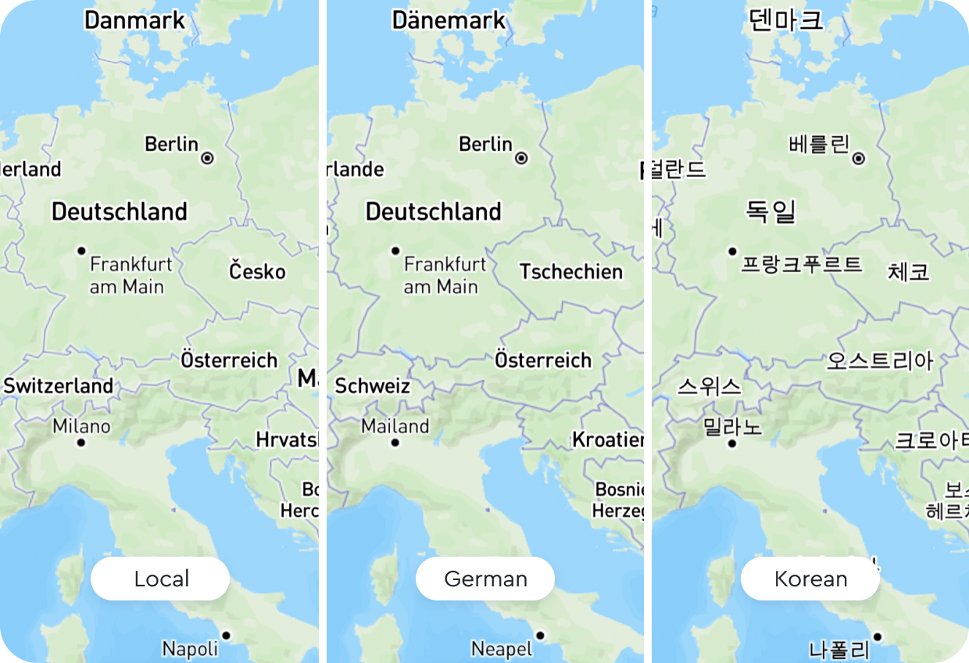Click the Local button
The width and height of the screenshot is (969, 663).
click(x=160, y=579)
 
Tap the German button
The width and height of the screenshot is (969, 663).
click(x=485, y=579)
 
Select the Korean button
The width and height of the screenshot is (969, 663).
click(x=810, y=579)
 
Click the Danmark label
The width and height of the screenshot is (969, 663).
click(x=135, y=20)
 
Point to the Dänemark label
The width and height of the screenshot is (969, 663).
click(x=449, y=20)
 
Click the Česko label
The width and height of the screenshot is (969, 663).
click(x=258, y=272)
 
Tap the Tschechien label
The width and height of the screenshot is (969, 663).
click(x=571, y=272)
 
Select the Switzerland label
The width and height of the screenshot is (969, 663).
click(x=59, y=386)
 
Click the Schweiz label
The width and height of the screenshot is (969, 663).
click(x=373, y=386)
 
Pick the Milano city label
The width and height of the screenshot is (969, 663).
click(x=81, y=427)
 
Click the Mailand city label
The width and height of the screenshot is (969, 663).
click(x=395, y=427)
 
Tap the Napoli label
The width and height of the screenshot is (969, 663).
click(x=190, y=649)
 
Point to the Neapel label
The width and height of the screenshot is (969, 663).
click(x=502, y=649)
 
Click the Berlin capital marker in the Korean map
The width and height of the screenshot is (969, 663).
click(x=859, y=159)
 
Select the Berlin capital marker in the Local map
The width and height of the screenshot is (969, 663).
click(x=208, y=158)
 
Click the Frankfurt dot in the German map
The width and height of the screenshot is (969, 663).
click(x=395, y=250)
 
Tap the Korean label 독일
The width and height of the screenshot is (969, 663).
click(x=771, y=211)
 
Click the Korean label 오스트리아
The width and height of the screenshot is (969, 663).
click(x=880, y=361)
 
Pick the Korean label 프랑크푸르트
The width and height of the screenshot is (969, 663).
click(x=802, y=264)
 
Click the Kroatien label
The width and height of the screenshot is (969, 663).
click(x=608, y=440)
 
